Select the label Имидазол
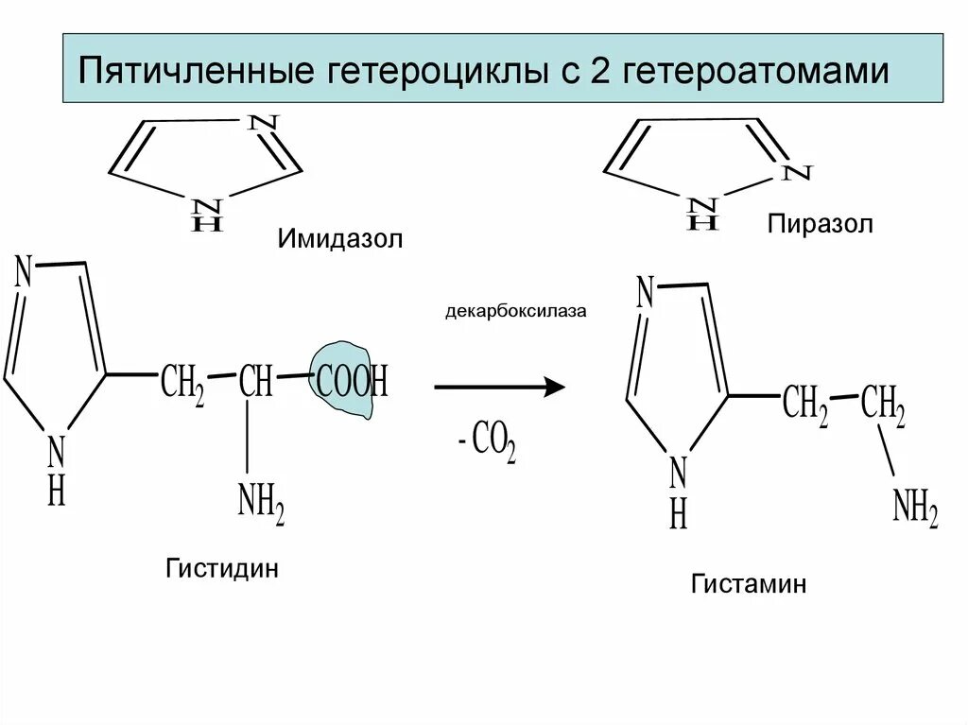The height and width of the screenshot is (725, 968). coord(340,237)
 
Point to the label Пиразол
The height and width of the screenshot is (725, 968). coord(821,224)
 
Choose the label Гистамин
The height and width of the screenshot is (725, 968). coord(748,584)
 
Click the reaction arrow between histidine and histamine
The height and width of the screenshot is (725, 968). coord(499,387)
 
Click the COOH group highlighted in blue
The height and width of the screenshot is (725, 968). coord(352,382)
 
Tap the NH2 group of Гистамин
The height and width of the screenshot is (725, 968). coord(914,511)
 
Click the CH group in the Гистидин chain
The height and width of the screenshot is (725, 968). coord(255,382)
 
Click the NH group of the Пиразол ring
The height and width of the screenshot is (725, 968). coord(701,213)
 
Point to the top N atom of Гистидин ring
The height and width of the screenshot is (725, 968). coord(24,273)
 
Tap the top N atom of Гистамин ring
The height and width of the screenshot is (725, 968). coord(646,291)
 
